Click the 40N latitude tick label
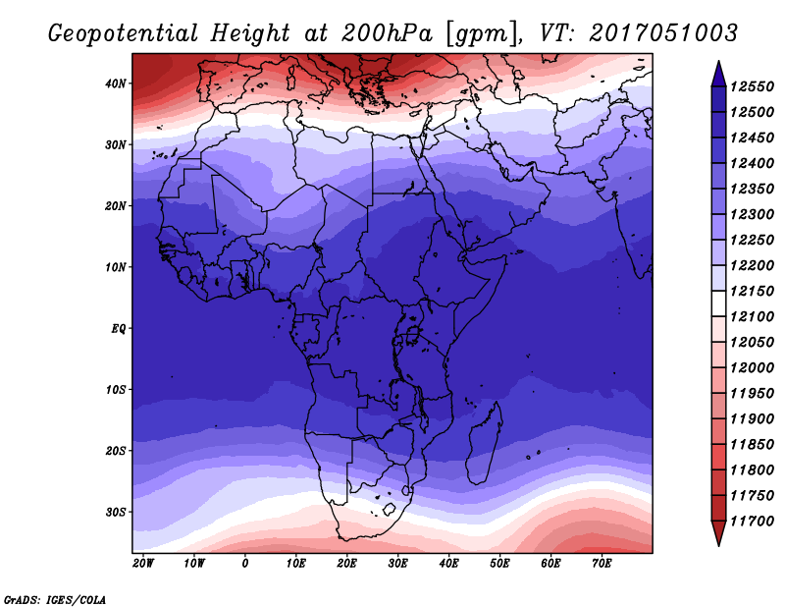[115, 83]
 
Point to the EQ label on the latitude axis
[118, 329]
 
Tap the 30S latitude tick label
[115, 513]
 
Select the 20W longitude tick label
[143, 564]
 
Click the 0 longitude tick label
[244, 564]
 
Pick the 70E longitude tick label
[602, 564]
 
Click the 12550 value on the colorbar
[752, 86]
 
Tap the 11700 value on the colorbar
[752, 522]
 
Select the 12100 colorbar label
[752, 317]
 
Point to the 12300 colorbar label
[752, 214]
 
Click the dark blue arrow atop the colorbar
[718, 76]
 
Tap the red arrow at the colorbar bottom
[718, 533]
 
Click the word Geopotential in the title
[124, 33]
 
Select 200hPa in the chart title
[387, 33]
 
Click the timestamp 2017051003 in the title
[663, 32]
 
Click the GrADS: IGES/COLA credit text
[55, 599]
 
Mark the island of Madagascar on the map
[484, 444]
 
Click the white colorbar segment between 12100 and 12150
[718, 304]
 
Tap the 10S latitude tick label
[115, 390]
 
